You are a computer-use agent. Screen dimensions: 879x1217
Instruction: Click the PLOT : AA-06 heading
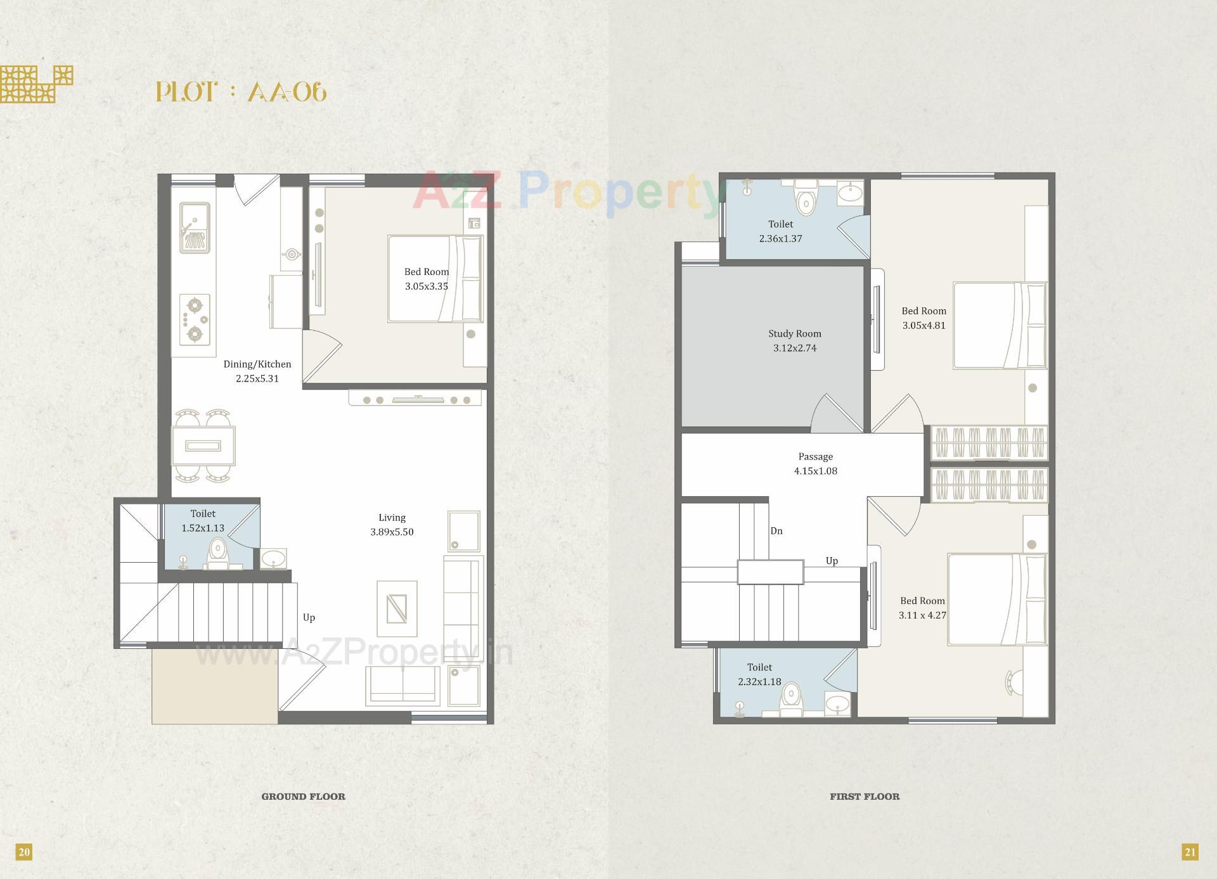241,93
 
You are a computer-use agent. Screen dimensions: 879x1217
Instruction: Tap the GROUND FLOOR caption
303,797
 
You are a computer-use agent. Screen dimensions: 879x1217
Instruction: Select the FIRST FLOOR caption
865,797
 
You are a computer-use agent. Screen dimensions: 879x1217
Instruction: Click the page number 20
24,852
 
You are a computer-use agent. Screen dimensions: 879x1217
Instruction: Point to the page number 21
1190,852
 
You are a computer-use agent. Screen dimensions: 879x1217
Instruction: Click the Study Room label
794,334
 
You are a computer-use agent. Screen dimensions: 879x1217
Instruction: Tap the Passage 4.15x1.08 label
815,464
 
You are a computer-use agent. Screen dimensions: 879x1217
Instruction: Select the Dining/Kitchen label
257,364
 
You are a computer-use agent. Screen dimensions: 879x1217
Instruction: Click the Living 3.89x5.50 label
392,525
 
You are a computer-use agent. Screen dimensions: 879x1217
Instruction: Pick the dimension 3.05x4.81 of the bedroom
924,326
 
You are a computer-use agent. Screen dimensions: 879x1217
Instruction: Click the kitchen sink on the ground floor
194,227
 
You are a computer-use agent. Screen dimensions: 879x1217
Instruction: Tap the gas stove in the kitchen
195,319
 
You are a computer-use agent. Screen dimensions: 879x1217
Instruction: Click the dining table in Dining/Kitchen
203,446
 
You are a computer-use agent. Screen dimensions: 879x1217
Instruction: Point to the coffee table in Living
397,608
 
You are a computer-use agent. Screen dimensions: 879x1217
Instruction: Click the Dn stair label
776,531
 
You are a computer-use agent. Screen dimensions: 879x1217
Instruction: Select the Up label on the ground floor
309,617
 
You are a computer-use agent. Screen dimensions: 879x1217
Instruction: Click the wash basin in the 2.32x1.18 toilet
839,705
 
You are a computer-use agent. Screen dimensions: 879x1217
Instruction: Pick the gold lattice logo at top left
36,84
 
